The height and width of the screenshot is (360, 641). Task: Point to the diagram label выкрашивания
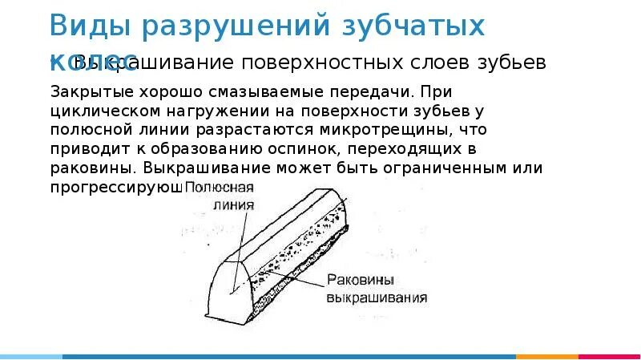pos(377,297)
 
